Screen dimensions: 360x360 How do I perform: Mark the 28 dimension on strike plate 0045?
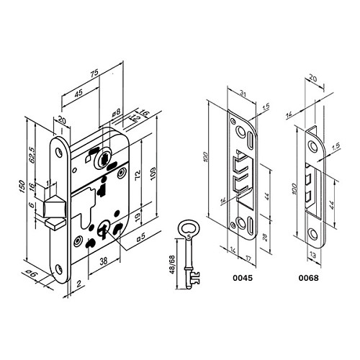tap(264, 238)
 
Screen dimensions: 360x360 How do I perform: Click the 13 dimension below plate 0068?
tap(312, 254)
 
